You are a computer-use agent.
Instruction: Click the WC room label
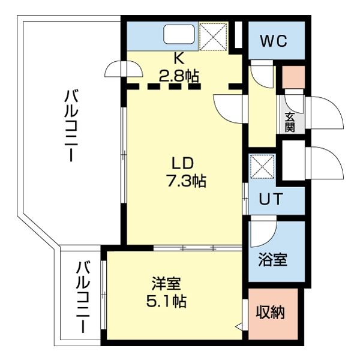[273, 41]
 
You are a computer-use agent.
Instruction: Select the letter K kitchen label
[178, 59]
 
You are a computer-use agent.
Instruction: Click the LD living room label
[183, 163]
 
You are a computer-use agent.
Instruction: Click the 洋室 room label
[166, 282]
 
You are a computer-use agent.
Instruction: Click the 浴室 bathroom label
[272, 260]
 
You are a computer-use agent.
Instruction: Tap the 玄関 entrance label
[290, 122]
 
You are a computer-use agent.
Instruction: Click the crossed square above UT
[262, 166]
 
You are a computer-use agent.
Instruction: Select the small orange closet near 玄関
[293, 77]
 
